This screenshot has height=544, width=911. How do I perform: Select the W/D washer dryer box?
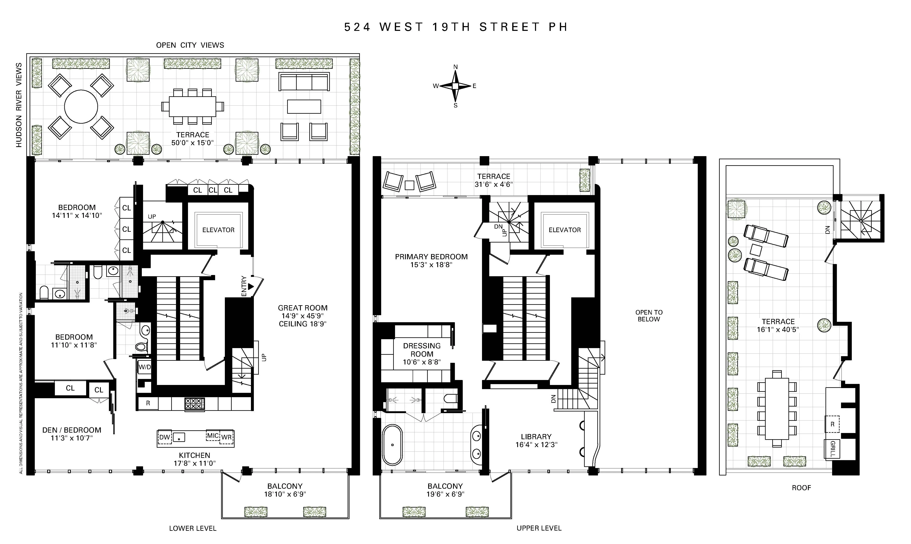pyautogui.click(x=144, y=367)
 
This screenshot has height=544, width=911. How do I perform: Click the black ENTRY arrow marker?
pyautogui.click(x=251, y=286)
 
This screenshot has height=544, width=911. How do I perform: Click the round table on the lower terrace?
pyautogui.click(x=81, y=107)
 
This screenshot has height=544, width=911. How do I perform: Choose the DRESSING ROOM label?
pyautogui.click(x=422, y=350)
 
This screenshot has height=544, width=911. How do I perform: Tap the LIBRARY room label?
pyautogui.click(x=536, y=437)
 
